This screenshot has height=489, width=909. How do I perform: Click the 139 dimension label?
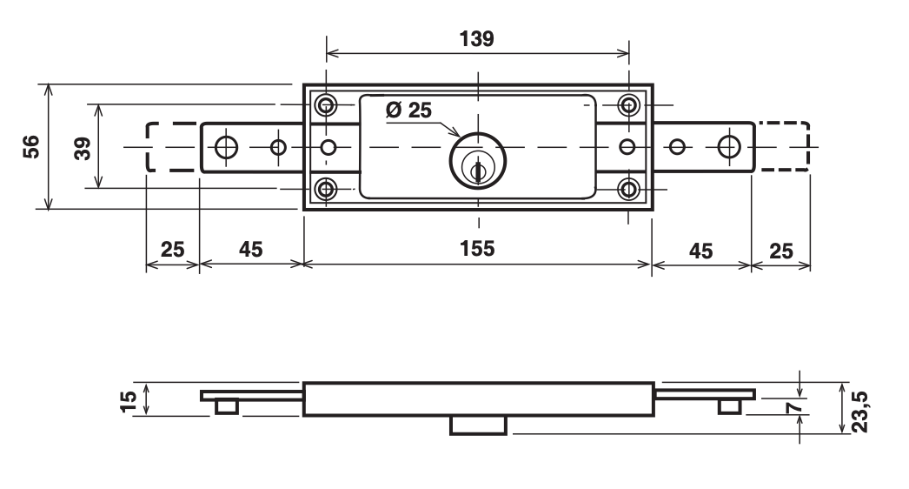(476, 40)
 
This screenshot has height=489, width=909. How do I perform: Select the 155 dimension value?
(476, 249)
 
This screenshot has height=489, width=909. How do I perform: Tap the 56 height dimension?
(31, 146)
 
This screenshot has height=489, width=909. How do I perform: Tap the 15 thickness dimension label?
(129, 399)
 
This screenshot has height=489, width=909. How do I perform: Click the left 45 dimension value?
(250, 249)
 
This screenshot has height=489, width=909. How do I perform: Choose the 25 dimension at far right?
(780, 249)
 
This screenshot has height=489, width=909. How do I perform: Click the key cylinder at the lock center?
(475, 159)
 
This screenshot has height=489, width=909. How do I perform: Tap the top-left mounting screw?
(327, 106)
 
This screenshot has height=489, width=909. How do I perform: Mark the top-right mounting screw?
(629, 106)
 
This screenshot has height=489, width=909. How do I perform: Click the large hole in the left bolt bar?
(226, 147)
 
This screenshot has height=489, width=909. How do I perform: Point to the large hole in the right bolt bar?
(729, 147)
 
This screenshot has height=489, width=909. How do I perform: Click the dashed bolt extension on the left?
(172, 147)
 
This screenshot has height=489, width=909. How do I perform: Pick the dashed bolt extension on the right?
(781, 147)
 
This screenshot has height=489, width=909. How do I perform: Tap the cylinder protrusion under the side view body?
(478, 425)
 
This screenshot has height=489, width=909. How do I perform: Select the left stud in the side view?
(227, 406)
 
